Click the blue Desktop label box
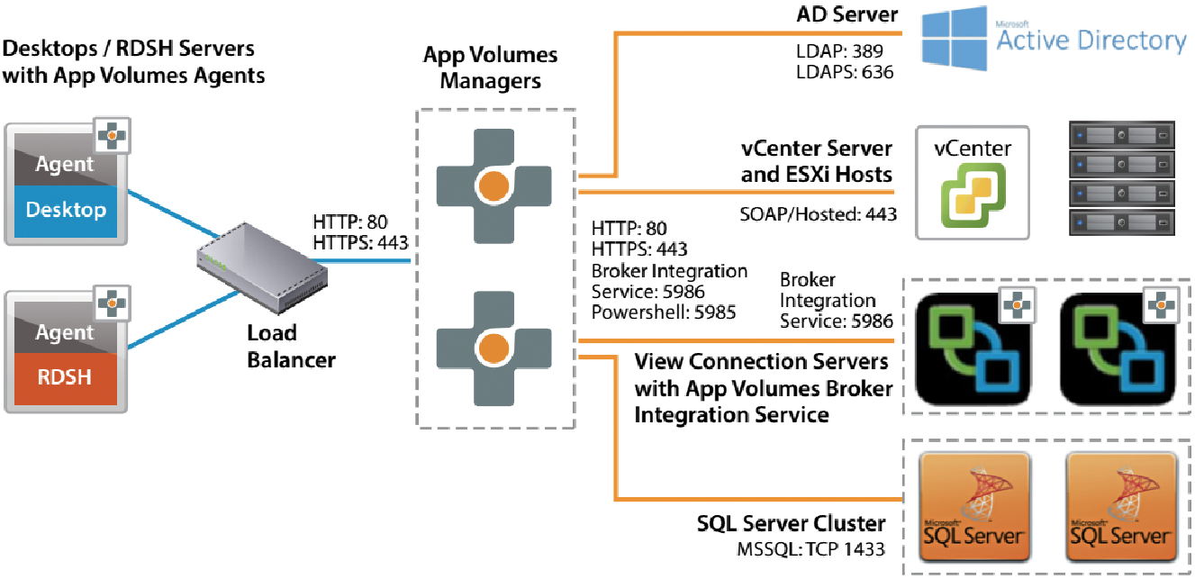coord(66,211)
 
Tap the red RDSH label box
coord(66,378)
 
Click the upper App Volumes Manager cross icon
coord(494,186)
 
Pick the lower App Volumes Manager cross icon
coord(494,348)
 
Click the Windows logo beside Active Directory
coord(955,39)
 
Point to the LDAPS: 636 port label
coord(845,72)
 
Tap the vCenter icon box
coord(973,183)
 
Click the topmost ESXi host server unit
coord(1122,135)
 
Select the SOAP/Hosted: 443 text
coord(818,214)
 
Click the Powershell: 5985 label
coord(664,312)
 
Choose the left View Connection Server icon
coord(973,348)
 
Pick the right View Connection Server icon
coord(1118,348)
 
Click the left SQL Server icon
coord(973,507)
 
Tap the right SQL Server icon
coord(1121,507)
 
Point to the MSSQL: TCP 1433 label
coord(810,549)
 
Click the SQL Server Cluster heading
coord(792,523)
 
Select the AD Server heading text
coord(847,14)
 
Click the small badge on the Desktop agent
coord(112,136)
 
